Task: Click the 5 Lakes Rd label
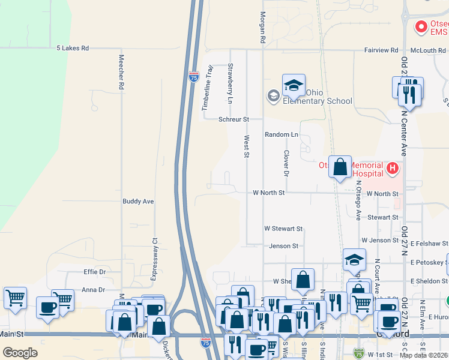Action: [72, 48]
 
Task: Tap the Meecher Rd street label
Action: [121, 73]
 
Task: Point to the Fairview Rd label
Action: [381, 50]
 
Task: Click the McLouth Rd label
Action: [429, 50]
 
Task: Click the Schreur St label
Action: [234, 119]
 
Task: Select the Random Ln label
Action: [282, 135]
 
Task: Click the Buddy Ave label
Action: [139, 202]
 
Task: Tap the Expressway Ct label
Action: [154, 250]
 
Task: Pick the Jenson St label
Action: [283, 246]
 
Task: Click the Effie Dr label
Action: [94, 272]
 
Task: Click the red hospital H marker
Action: [393, 169]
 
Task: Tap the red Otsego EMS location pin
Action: [421, 27]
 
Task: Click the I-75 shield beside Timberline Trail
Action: [193, 77]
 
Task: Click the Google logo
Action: [20, 353]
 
